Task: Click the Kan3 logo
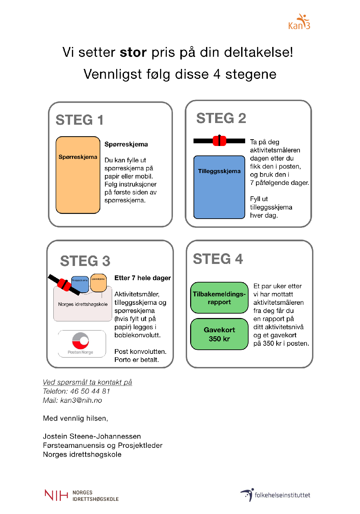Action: click(299, 22)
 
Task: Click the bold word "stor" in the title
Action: click(133, 52)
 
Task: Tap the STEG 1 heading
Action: click(79, 120)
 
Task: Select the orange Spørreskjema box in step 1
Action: click(78, 175)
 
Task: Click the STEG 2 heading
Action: click(221, 118)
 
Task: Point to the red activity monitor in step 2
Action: click(220, 141)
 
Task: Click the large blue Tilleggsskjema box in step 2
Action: click(219, 187)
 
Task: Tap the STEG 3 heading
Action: click(85, 261)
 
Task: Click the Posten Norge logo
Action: click(81, 343)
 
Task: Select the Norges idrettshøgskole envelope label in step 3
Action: click(83, 304)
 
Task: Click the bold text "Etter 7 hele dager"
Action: click(143, 278)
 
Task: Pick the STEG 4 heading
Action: click(218, 259)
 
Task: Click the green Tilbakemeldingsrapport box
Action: click(219, 298)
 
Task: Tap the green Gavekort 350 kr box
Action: click(219, 334)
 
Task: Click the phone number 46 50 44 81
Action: click(90, 391)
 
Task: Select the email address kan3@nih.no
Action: click(81, 400)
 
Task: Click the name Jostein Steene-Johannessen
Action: click(92, 436)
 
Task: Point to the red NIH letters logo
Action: click(56, 495)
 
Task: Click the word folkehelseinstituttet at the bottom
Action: click(282, 495)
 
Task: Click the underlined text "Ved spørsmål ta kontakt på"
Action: click(87, 382)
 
